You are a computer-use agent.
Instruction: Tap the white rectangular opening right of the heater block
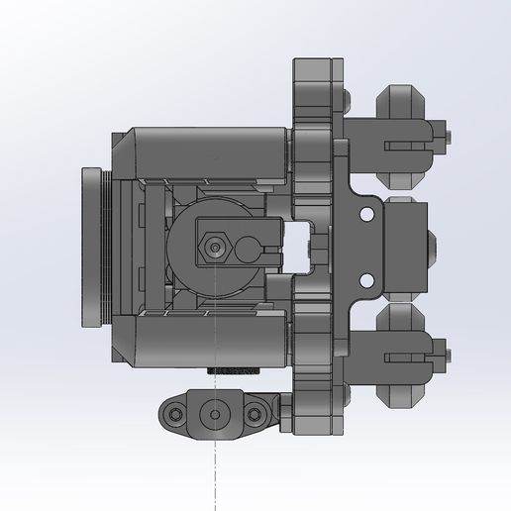[298, 244]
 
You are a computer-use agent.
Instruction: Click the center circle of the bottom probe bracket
[214, 412]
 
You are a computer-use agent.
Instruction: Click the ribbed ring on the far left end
[95, 247]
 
